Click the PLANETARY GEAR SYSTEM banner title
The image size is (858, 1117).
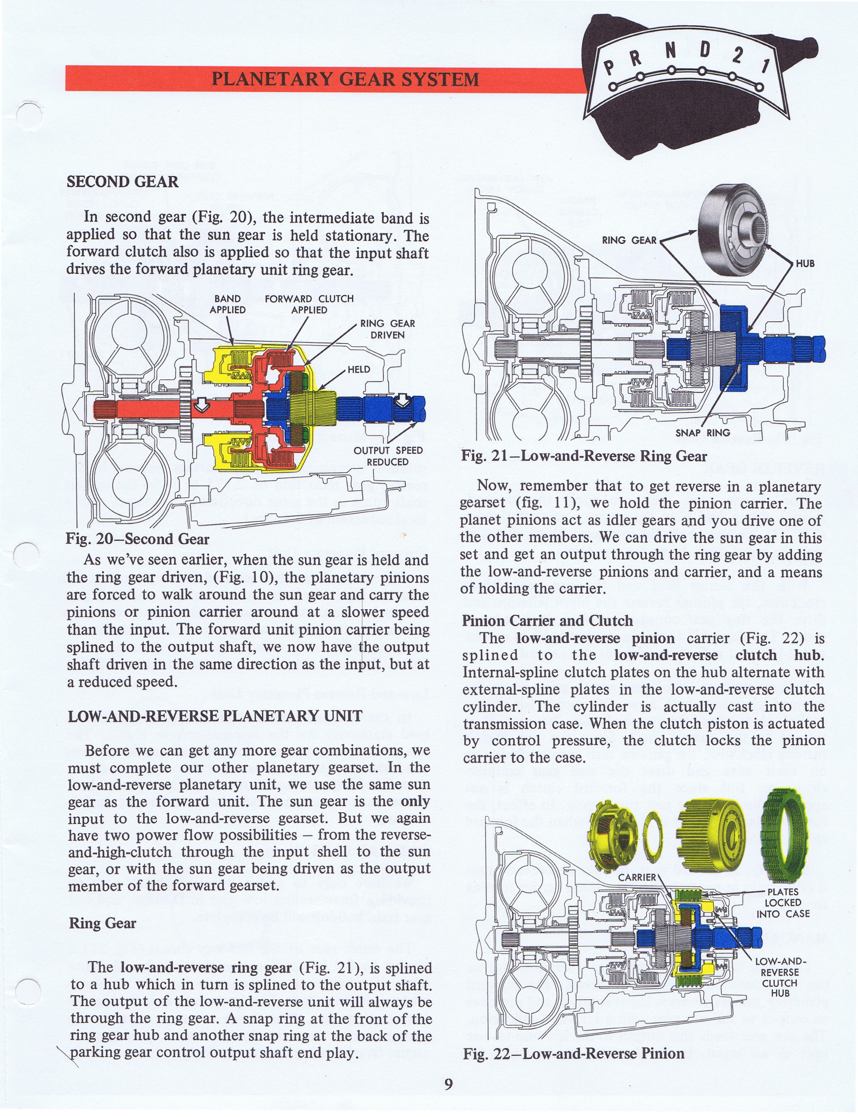click(x=345, y=79)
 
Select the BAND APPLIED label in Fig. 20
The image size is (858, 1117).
click(x=227, y=304)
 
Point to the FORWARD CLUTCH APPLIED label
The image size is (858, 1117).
click(x=309, y=304)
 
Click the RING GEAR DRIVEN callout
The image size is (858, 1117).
click(x=387, y=329)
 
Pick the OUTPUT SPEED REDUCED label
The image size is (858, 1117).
click(x=388, y=456)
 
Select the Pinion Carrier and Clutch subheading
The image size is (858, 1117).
click(x=547, y=621)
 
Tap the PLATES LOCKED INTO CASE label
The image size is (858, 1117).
click(x=783, y=903)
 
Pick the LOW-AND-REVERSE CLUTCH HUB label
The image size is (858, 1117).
click(x=780, y=977)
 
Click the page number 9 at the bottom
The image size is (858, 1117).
click(x=448, y=1084)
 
